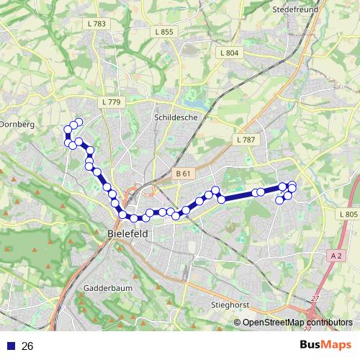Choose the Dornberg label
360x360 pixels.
(x=16, y=124)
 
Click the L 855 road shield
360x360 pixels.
(x=163, y=32)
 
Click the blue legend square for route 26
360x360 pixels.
(x=11, y=346)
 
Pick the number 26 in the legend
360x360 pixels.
(x=28, y=346)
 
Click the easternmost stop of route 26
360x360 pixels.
(x=293, y=189)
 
